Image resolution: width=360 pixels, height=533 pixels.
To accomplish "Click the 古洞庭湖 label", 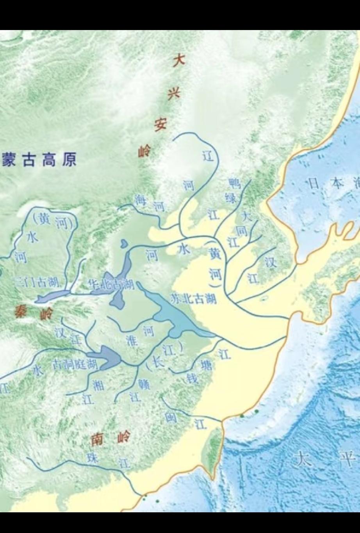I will [x=75, y=365].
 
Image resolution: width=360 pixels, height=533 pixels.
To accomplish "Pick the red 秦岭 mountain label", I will [x=33, y=312].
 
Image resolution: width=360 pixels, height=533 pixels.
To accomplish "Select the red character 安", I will [x=160, y=125].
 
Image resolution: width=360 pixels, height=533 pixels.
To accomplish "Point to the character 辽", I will [x=209, y=156].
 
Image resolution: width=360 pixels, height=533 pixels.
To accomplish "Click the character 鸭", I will [x=235, y=183].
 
